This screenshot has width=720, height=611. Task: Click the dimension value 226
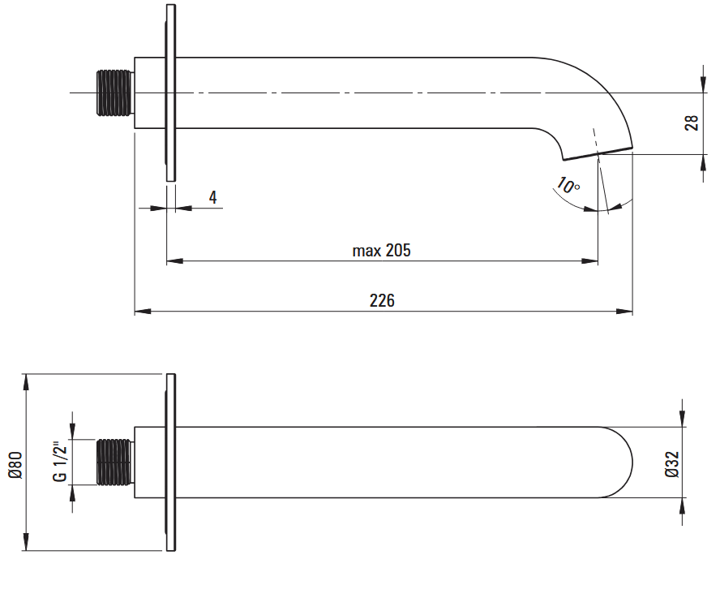pyautogui.click(x=382, y=300)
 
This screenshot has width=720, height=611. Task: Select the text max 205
pyautogui.click(x=381, y=250)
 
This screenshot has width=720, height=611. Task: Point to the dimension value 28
pyautogui.click(x=692, y=123)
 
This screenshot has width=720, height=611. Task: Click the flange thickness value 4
pyautogui.click(x=212, y=197)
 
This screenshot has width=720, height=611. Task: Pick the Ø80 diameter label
pyautogui.click(x=14, y=463)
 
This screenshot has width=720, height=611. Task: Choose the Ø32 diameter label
pyautogui.click(x=671, y=462)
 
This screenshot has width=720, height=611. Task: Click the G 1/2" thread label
pyautogui.click(x=60, y=462)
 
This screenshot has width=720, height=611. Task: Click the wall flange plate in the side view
pyautogui.click(x=170, y=93)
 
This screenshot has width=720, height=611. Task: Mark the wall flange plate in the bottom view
pyautogui.click(x=170, y=463)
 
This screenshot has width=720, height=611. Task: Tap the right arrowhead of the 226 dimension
pyautogui.click(x=627, y=311)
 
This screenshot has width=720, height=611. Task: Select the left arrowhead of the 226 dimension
pyautogui.click(x=140, y=311)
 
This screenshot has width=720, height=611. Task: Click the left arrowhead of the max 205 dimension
pyautogui.click(x=172, y=261)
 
